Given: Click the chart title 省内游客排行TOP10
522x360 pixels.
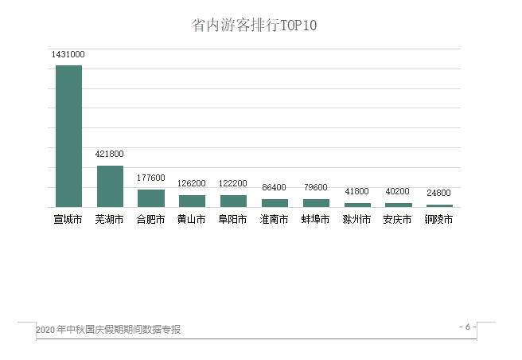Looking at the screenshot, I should point(254,25).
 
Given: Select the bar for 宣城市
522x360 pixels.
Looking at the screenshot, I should point(68,135).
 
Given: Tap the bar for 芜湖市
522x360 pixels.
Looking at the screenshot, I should point(110,186).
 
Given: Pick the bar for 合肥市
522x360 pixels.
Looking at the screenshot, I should point(151,198).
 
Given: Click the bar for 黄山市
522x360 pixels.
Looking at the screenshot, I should point(192,201).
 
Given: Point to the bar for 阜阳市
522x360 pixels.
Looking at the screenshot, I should point(233,201).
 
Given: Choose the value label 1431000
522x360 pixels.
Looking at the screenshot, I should point(68,54).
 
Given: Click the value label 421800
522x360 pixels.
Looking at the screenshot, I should point(110,155).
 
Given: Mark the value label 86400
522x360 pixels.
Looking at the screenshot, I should point(275,188).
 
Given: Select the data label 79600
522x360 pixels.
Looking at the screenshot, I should point(316,188).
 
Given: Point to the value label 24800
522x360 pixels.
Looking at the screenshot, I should point(438,194).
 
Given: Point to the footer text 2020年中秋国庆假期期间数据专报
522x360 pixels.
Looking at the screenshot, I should point(108,330).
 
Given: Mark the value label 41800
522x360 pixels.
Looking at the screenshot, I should point(356,192).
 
